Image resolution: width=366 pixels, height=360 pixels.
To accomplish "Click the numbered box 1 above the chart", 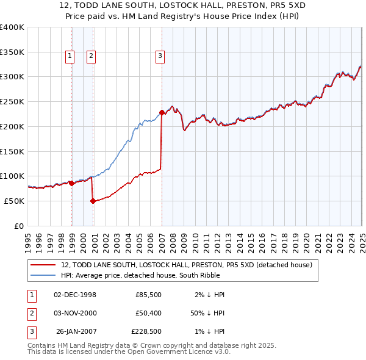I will (70, 57).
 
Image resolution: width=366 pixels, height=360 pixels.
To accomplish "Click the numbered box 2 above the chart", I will (91, 57).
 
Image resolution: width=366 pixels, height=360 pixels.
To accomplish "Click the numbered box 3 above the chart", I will (160, 57).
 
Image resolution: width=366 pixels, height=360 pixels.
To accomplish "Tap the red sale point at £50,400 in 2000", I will (93, 201).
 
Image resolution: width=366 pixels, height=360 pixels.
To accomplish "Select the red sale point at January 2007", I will (162, 112).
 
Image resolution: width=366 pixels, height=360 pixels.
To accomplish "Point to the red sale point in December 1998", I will (72, 183).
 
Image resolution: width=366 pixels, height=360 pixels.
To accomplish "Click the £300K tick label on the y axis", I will (12, 77).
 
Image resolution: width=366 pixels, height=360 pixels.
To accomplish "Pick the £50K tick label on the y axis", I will (15, 201).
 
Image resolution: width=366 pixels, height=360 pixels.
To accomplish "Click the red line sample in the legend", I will (43, 265).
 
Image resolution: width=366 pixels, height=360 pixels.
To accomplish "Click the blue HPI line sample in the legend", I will (43, 275).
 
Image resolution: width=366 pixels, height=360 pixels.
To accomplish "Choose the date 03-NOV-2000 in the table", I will (75, 314).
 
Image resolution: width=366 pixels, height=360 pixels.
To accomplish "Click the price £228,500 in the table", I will (146, 332).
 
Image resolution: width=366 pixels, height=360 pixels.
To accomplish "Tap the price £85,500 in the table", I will (148, 295).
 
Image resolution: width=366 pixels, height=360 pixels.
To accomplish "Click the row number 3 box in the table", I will (30, 332).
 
